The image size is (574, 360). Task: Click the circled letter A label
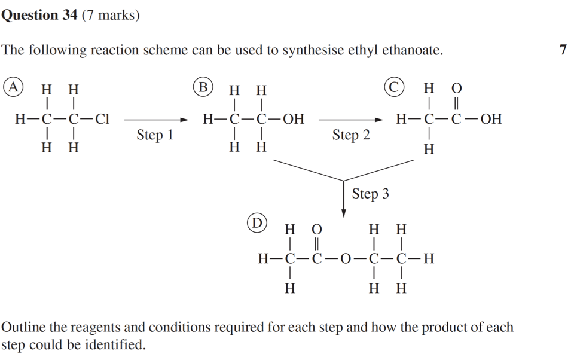[x=13, y=87]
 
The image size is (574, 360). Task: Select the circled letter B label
[x=203, y=87]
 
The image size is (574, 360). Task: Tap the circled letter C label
[x=393, y=87]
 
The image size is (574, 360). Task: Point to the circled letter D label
[x=257, y=223]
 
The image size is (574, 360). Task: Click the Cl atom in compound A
[x=102, y=119]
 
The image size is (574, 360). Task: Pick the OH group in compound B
[x=293, y=119]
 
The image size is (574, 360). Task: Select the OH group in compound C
[x=491, y=119]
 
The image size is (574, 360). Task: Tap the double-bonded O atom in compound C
[x=457, y=89]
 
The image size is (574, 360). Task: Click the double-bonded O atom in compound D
[x=317, y=230]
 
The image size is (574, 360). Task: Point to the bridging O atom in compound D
[x=346, y=259]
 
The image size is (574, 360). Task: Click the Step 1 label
[x=155, y=135]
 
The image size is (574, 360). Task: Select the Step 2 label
[x=351, y=135]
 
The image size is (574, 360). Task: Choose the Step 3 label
[x=370, y=194]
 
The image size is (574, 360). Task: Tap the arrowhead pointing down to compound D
[x=344, y=213]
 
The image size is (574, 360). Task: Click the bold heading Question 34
[x=39, y=15]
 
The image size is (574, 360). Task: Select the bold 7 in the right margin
[x=563, y=50]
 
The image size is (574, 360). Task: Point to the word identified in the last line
[x=117, y=345]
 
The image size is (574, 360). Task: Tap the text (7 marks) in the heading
[x=111, y=15]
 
